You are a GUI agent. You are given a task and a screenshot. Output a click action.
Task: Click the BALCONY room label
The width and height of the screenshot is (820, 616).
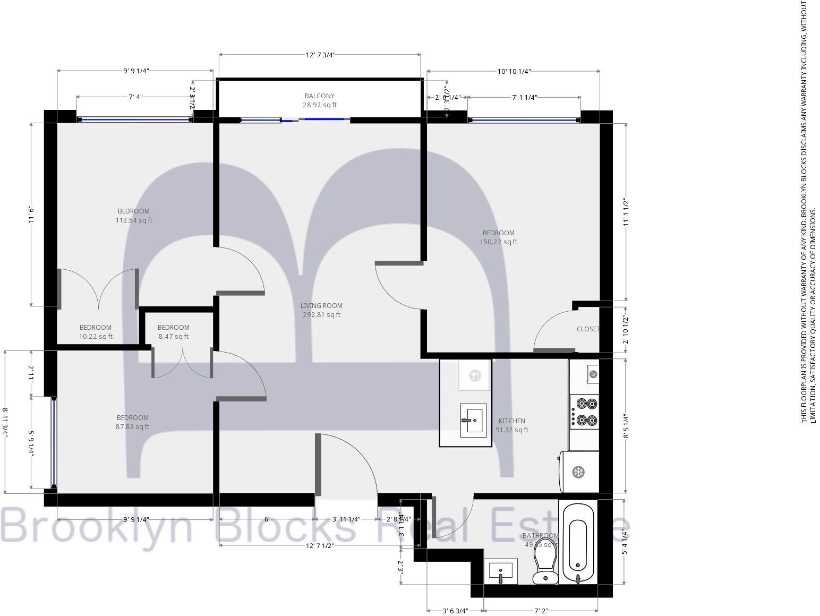[319, 96]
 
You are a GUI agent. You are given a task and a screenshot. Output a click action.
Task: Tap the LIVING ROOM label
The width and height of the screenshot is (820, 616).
[321, 306]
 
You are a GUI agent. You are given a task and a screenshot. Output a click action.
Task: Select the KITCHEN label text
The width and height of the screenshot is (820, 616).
[511, 421]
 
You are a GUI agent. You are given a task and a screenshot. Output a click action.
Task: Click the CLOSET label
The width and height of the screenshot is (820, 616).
[588, 329]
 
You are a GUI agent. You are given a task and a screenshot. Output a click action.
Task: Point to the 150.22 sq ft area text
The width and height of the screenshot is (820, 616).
[498, 242]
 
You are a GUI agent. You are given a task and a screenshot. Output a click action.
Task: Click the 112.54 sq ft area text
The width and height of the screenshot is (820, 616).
[134, 220]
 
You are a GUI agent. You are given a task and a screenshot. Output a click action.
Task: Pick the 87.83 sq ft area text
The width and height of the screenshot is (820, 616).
[132, 427]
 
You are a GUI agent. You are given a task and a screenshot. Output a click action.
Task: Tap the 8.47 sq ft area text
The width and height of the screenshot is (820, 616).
[173, 337]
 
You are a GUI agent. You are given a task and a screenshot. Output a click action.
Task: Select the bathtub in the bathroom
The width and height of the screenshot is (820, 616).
[578, 543]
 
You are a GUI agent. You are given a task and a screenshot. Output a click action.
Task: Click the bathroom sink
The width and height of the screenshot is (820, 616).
[501, 571]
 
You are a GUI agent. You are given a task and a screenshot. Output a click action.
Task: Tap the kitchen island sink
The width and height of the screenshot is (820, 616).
[473, 420]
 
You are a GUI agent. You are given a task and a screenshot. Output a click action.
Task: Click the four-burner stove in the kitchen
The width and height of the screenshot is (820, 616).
[585, 412]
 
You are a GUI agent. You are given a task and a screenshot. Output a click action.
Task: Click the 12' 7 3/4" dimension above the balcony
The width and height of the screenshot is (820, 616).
[320, 55]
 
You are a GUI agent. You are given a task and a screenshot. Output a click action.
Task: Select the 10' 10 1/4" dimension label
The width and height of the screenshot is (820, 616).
[514, 71]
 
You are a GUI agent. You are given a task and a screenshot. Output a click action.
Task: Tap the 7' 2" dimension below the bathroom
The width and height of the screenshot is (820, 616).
[541, 611]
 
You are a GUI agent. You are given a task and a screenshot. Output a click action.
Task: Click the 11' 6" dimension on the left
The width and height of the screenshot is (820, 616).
[31, 215]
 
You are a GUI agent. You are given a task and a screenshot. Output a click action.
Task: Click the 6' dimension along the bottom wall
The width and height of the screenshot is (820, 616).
[267, 519]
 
